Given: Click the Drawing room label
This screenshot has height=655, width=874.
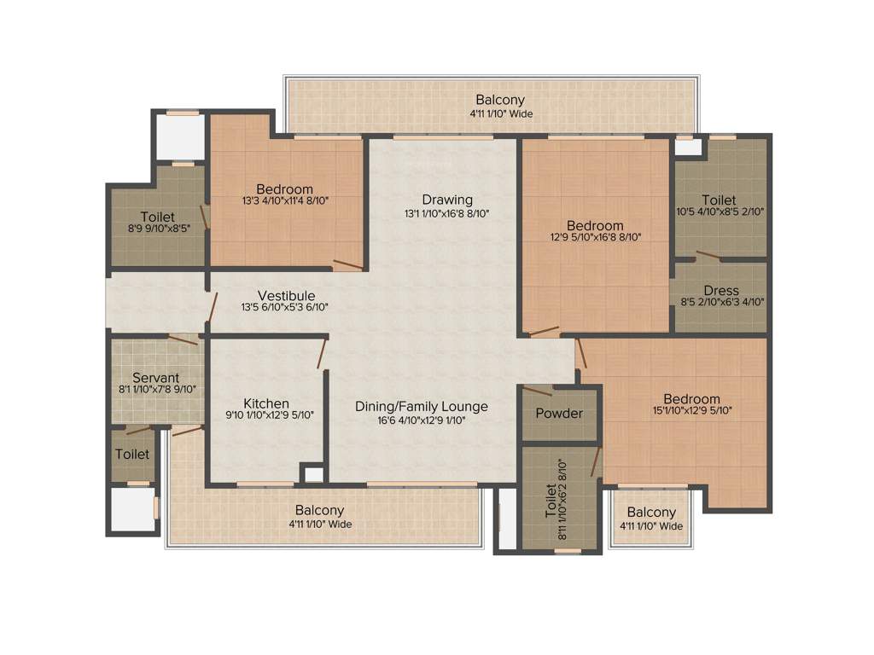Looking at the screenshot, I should pos(447,200).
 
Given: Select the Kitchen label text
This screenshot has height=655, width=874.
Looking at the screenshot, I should pos(266,403).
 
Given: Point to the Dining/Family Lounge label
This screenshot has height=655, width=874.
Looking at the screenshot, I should pos(422,406).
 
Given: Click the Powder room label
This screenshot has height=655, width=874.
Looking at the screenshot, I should pos(559,414).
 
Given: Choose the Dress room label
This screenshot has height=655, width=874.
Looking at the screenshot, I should pos(721,291).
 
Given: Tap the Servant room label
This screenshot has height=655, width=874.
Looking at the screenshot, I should pos(155,377).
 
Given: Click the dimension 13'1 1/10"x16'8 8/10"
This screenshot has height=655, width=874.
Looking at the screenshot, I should pos(447,213).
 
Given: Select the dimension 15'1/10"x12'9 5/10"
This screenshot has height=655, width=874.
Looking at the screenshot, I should pos(691,411).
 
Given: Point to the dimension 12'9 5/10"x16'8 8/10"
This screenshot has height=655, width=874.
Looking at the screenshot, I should pos(596,238).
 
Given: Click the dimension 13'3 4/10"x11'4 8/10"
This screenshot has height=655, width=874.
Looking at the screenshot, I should pos(284,202).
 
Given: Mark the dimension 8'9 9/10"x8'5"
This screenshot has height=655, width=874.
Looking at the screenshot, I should pos(158,229).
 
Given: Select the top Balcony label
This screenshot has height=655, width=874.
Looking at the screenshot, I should pos(500,100).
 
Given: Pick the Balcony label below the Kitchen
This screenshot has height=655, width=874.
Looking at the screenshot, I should pos(320,510).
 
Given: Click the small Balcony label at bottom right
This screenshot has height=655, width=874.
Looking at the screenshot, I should pos(651,513).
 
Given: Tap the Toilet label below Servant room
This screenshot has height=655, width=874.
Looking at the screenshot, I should pos(132,455).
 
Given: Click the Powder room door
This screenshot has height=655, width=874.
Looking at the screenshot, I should pos(537,391).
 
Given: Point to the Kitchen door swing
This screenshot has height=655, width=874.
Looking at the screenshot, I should pos(322,352).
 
